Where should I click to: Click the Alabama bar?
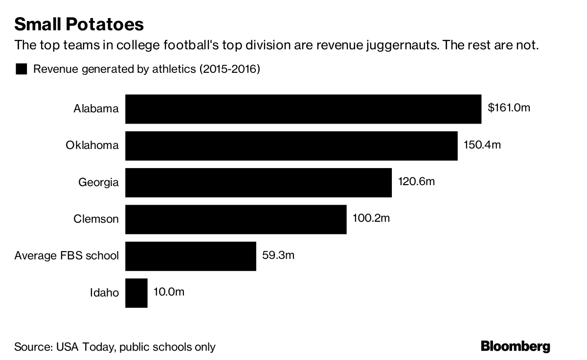[303, 109]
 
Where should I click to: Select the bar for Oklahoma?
[292, 146]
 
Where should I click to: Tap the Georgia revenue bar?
[258, 183]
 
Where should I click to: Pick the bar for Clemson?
[236, 219]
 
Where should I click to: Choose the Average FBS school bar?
[191, 256]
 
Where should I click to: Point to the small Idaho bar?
[136, 293]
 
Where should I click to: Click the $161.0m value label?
[509, 108]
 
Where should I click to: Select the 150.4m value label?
[482, 145]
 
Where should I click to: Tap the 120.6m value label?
[416, 182]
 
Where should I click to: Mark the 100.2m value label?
[371, 218]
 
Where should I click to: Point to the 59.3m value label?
[278, 255]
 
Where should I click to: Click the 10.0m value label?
[169, 292]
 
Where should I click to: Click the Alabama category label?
[96, 108]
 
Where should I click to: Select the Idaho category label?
[104, 293]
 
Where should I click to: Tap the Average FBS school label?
[67, 255]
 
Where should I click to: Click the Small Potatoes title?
[79, 24]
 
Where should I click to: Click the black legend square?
[22, 69]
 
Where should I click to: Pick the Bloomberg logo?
[516, 346]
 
